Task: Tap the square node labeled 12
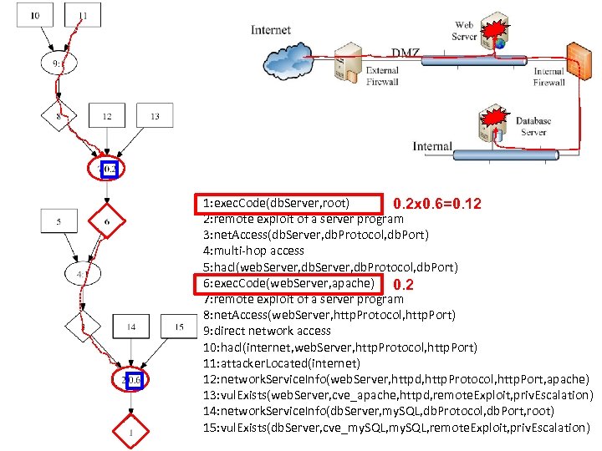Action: (x=107, y=116)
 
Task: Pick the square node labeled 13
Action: (x=154, y=116)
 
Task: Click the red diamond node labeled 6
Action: (x=107, y=221)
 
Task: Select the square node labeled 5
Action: (x=59, y=221)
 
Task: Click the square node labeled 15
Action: (x=179, y=327)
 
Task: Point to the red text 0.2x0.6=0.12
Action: (x=436, y=204)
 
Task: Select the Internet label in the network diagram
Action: (x=272, y=31)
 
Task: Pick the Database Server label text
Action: (x=533, y=127)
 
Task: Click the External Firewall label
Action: (x=382, y=76)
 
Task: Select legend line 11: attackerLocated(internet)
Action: (x=282, y=363)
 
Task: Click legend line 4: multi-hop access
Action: (x=253, y=251)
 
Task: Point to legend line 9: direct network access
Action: (x=267, y=331)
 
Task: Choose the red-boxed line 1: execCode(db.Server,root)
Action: (x=280, y=203)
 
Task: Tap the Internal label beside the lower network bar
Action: (x=432, y=147)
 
